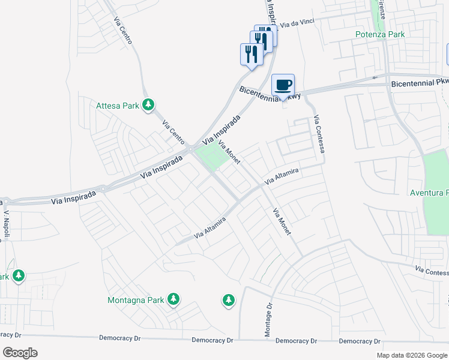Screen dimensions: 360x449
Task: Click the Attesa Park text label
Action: pyautogui.click(x=118, y=106)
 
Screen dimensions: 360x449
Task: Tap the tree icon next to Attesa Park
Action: pyautogui.click(x=148, y=106)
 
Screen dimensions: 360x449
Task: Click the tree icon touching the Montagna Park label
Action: pyautogui.click(x=173, y=299)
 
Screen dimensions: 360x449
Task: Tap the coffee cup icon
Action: pyautogui.click(x=283, y=85)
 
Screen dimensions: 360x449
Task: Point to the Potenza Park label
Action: pyautogui.click(x=379, y=34)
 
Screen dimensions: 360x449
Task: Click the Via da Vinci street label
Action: pyautogui.click(x=298, y=24)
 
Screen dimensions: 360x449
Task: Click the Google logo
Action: pyautogui.click(x=20, y=353)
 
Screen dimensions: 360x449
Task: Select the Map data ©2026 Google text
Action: pyautogui.click(x=411, y=355)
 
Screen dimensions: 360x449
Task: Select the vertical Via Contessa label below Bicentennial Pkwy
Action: pyautogui.click(x=318, y=134)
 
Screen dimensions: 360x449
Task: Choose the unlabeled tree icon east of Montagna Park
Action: pyautogui.click(x=228, y=300)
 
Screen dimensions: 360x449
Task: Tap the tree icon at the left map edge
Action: pyautogui.click(x=19, y=276)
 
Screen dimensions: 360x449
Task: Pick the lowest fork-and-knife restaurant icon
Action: pyautogui.click(x=251, y=54)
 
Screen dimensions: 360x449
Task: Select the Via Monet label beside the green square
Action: pyautogui.click(x=229, y=152)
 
